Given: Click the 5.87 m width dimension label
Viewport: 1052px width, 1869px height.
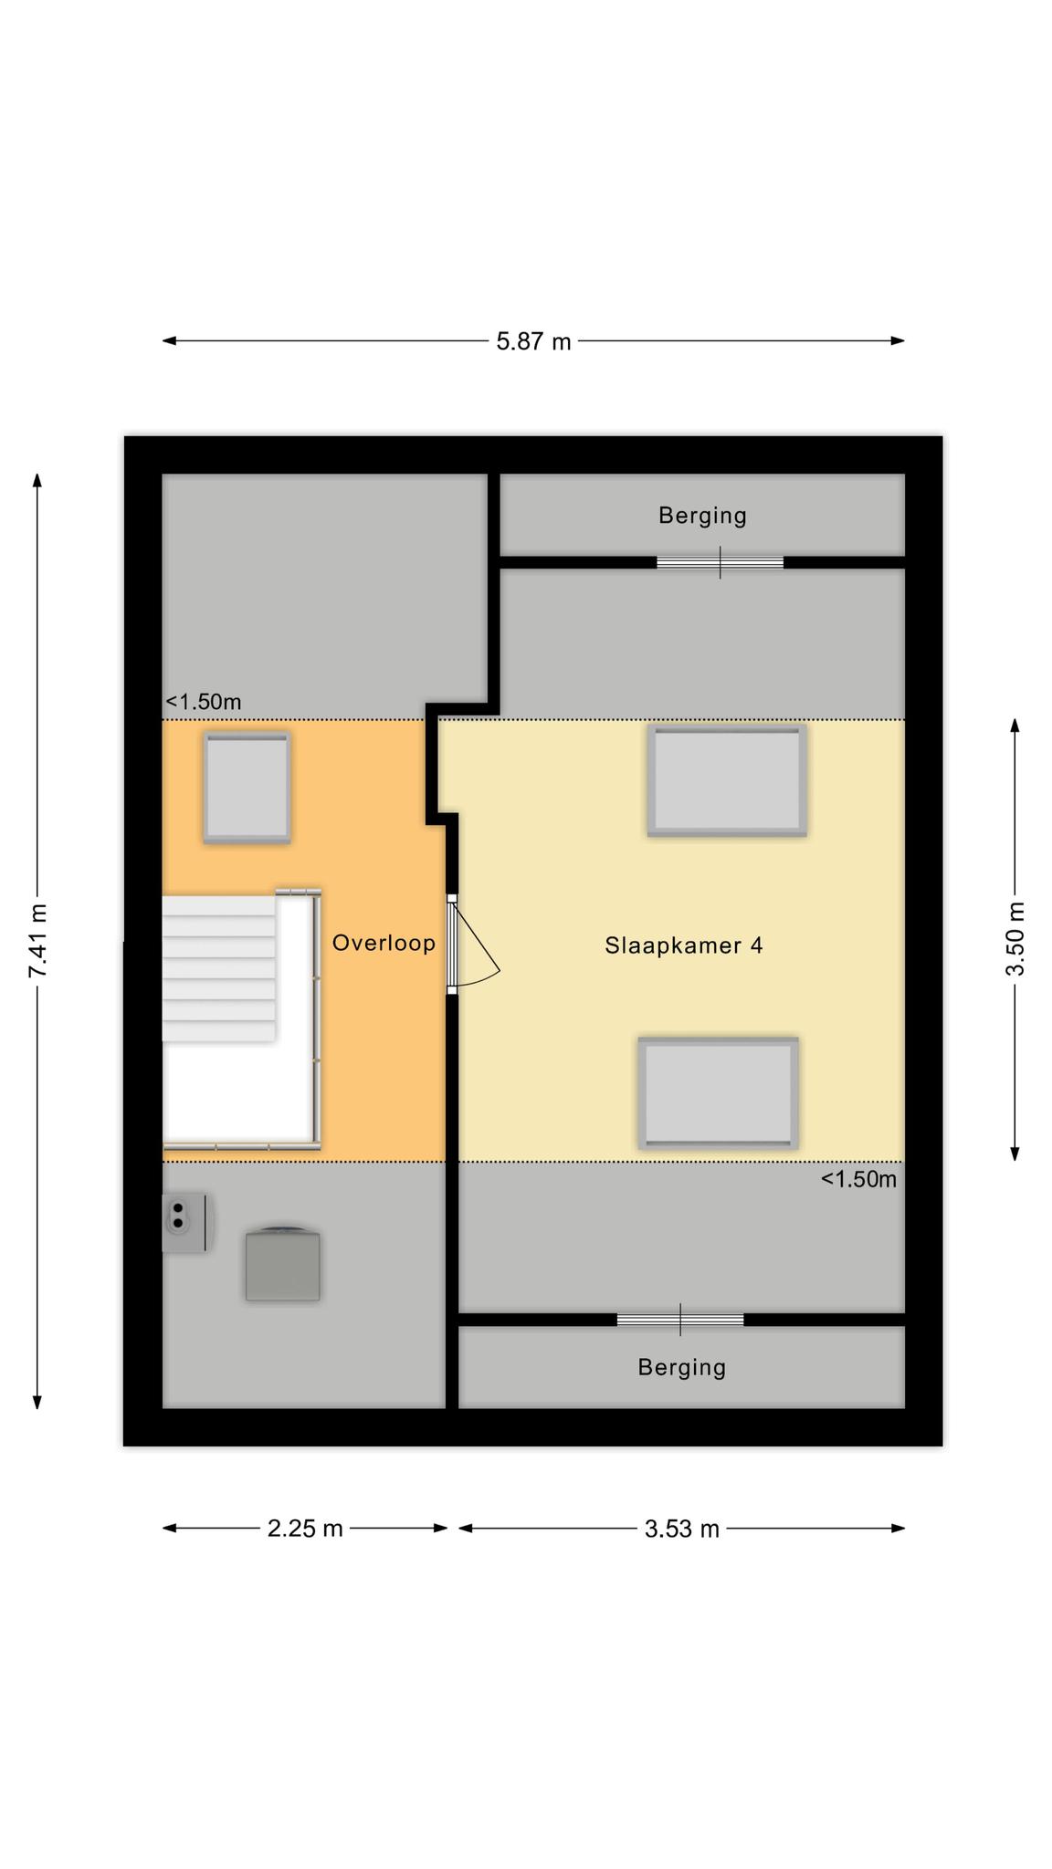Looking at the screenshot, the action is [x=533, y=341].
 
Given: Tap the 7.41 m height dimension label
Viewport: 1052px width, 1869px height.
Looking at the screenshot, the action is [x=38, y=941].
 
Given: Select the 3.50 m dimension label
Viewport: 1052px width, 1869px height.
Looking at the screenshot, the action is [x=1015, y=938].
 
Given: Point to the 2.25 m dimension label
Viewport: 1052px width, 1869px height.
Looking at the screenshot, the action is [x=305, y=1529].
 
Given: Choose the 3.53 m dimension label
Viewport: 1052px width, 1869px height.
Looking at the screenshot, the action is [x=682, y=1529].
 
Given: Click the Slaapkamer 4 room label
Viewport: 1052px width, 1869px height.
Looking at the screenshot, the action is [x=684, y=945].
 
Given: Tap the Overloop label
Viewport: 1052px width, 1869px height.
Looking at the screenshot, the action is [x=384, y=943].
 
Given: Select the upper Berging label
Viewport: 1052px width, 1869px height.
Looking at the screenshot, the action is [x=703, y=516].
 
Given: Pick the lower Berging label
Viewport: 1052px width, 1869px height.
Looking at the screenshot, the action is [x=682, y=1367].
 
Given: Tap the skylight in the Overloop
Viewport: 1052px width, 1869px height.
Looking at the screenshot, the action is [x=247, y=788].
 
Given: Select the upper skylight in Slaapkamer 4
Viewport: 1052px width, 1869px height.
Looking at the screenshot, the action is [x=727, y=780].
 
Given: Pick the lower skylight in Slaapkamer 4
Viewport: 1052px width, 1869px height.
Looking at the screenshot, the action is [x=719, y=1093].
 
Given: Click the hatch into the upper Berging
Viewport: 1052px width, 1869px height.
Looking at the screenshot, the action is [x=720, y=562].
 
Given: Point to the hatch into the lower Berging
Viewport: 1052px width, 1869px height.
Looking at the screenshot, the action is [x=680, y=1320].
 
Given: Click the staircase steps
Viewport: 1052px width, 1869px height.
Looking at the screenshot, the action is [x=219, y=968].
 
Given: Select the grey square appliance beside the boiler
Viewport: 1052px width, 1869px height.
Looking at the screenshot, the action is [x=283, y=1264].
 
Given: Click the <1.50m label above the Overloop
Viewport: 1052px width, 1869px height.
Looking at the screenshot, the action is [x=203, y=702].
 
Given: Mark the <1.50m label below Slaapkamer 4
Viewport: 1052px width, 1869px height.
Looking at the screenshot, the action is [x=858, y=1179].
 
